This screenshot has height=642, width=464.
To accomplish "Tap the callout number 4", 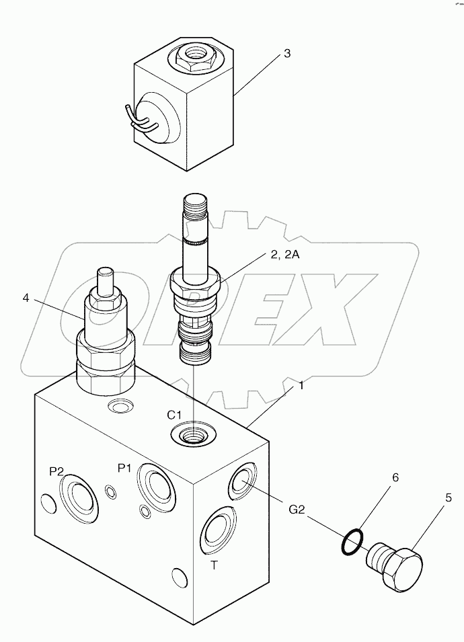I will tap(26, 297).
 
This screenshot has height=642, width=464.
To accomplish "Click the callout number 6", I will tap(395, 477).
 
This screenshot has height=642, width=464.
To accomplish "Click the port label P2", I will tap(56, 472).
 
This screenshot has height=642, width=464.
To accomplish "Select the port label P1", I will tap(124, 468).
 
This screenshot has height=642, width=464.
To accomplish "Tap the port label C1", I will tap(176, 414).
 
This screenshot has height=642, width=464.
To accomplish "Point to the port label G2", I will tap(298, 509).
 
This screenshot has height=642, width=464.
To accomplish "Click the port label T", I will tap(214, 565).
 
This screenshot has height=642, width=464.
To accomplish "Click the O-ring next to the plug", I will tap(352, 542).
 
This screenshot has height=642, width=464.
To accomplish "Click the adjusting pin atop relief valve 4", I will tap(106, 282).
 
